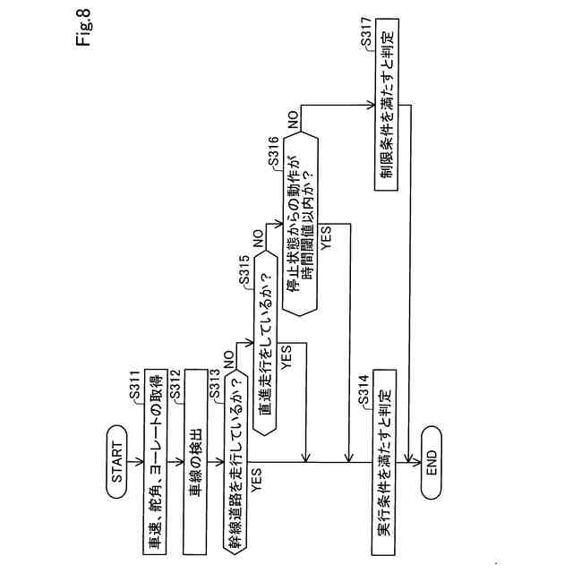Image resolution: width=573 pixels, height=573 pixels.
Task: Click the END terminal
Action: pos(428,463)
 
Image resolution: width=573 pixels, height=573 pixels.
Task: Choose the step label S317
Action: pos(368,33)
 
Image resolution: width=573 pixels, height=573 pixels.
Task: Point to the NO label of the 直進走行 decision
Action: pos(258,239)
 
